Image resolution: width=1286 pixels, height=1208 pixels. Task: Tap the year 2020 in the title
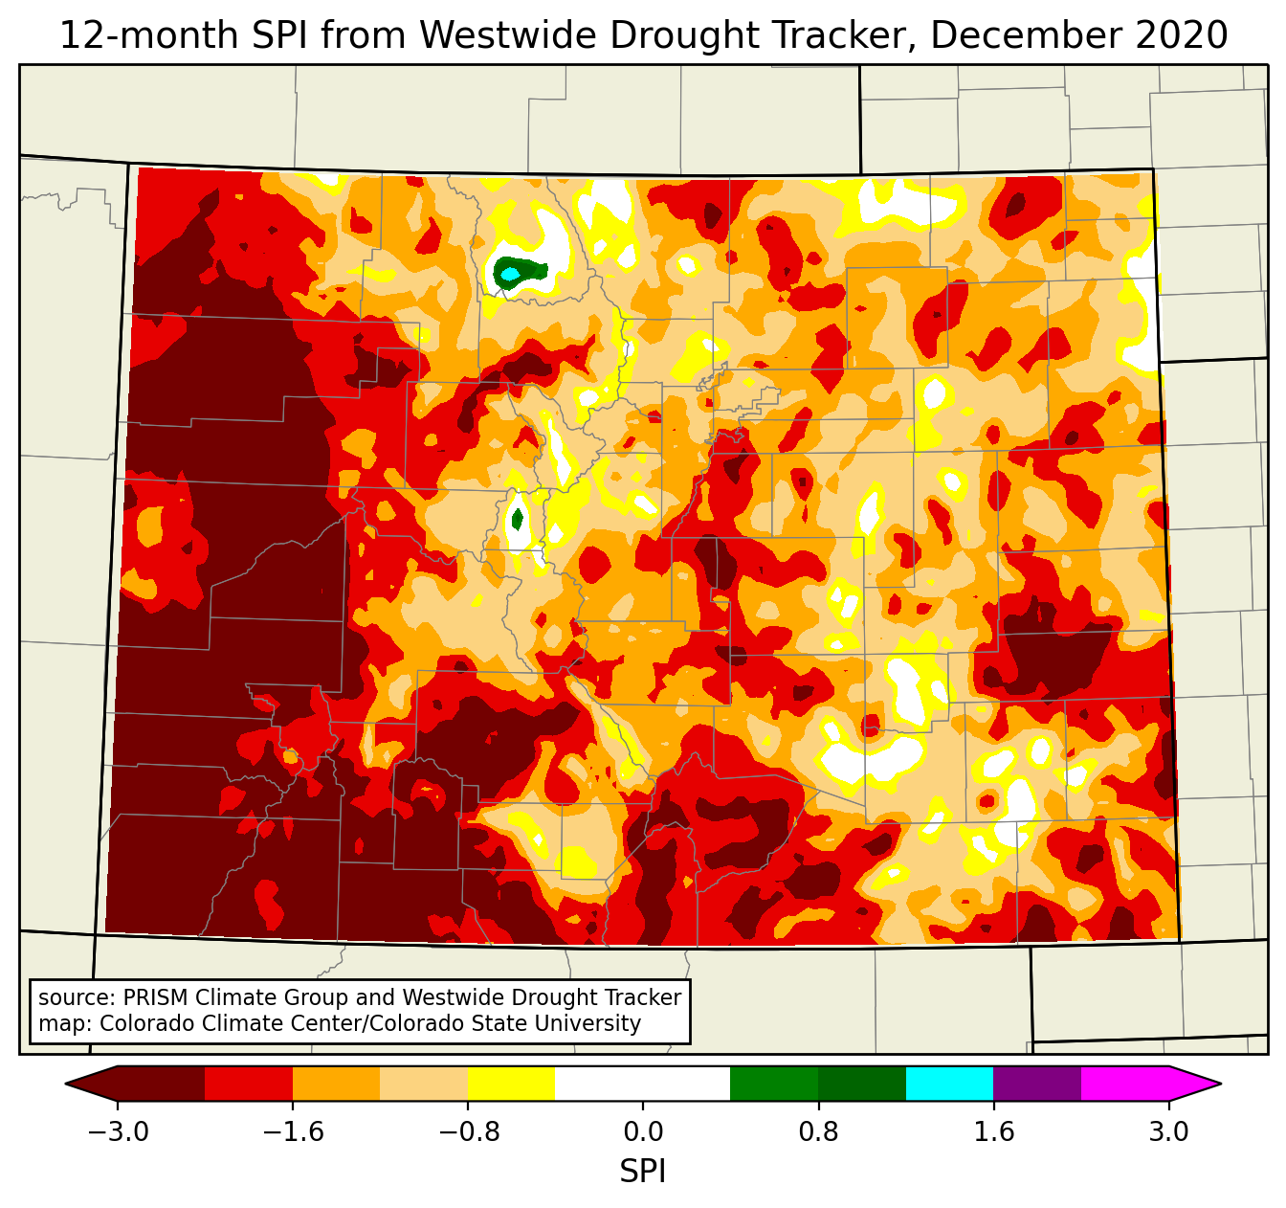pos(1182,35)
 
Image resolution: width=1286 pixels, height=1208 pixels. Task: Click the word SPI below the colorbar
pos(642,1171)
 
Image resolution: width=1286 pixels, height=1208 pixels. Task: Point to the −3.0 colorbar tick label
pos(118,1132)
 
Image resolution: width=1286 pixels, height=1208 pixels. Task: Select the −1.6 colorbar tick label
pos(293,1132)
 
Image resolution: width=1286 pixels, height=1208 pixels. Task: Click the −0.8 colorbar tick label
pos(468,1132)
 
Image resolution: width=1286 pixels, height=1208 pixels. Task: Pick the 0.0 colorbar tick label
pos(643,1132)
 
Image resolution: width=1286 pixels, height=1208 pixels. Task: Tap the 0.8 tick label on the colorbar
pos(818,1132)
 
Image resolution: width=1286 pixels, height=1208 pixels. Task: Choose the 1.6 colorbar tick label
pos(993,1132)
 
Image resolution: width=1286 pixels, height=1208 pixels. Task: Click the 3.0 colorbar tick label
pos(1168,1132)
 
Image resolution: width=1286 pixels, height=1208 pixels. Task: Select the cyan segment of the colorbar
pos(949,1084)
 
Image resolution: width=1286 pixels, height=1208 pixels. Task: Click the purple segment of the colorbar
pos(1037,1084)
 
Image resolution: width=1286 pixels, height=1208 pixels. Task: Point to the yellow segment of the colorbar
pos(511,1084)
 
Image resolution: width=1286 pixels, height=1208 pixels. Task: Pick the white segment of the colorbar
pos(642,1084)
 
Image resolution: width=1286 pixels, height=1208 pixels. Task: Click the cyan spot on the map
pos(510,275)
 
